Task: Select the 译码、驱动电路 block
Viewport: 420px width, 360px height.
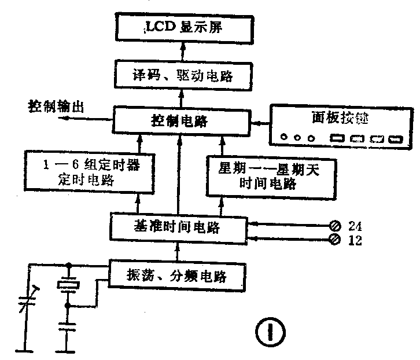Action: point(182,75)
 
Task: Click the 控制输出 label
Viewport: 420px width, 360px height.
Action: point(56,106)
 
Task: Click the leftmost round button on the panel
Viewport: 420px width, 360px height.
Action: point(283,138)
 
